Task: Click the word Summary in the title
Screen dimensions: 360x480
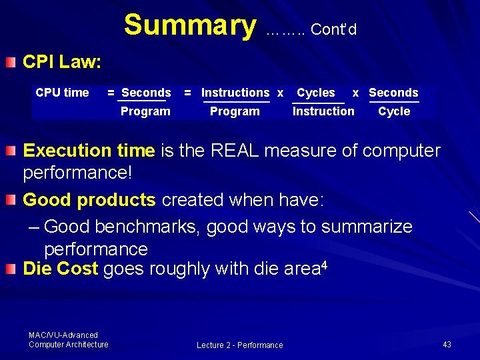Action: (x=189, y=25)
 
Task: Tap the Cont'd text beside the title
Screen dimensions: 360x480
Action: (x=333, y=29)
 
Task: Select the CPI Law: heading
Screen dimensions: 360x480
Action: (x=62, y=63)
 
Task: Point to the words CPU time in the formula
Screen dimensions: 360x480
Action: (x=62, y=93)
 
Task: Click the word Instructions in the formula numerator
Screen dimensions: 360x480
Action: (x=235, y=93)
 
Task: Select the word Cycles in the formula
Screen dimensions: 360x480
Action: (x=316, y=93)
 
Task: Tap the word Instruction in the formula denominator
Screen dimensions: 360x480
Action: (x=323, y=111)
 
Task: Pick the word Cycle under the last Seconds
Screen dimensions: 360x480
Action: (x=394, y=111)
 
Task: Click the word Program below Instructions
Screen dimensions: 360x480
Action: (x=235, y=111)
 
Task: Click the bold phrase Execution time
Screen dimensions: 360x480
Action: (x=89, y=151)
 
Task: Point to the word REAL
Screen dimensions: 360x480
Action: (x=237, y=151)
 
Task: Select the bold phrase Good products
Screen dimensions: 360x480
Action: (x=89, y=200)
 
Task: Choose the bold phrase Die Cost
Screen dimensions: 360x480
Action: (x=61, y=269)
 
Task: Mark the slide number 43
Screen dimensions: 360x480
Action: (x=447, y=344)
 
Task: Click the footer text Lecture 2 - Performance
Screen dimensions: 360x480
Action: (x=239, y=345)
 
